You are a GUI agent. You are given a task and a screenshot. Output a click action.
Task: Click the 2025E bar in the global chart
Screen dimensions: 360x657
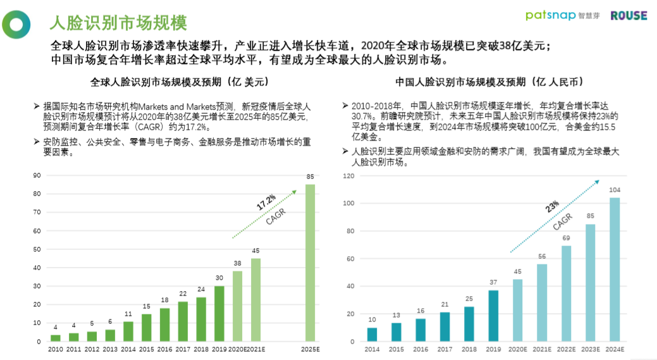tap(310, 263)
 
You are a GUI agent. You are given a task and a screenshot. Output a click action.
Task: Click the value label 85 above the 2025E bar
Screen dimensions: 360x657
tap(310, 177)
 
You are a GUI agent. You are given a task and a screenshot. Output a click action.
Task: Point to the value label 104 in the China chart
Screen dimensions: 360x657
tap(614, 190)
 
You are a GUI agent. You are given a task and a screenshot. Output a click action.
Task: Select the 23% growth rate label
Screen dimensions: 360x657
tap(552, 208)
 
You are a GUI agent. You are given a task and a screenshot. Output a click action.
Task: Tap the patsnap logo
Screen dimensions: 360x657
tap(550, 15)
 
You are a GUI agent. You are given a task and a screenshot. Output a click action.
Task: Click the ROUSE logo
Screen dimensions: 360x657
tap(629, 15)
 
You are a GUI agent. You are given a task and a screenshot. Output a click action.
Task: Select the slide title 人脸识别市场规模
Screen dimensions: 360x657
tap(118, 23)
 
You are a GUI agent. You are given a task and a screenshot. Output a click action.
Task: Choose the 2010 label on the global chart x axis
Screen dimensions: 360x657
tap(56, 349)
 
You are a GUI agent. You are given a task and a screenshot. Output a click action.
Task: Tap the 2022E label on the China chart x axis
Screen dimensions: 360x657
tap(566, 349)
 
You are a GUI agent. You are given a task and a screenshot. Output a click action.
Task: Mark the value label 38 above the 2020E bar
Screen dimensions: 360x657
tap(237, 263)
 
